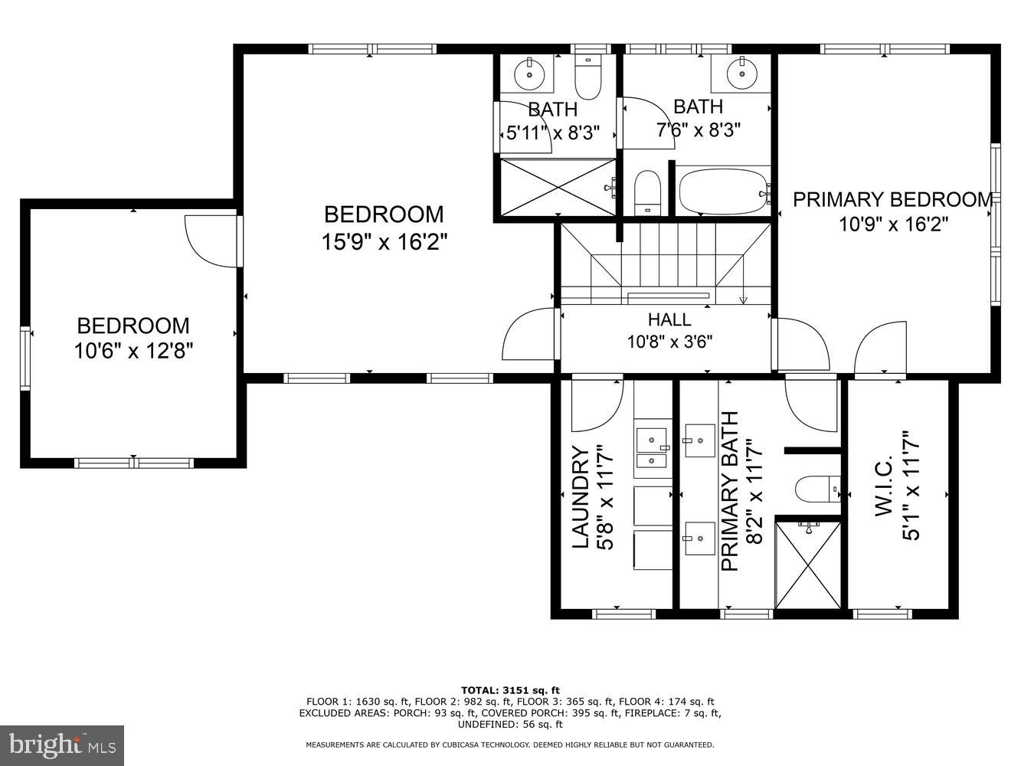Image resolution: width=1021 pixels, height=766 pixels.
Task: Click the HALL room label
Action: coord(669,319)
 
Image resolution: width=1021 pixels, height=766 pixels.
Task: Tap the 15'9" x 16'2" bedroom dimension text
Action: coord(384,242)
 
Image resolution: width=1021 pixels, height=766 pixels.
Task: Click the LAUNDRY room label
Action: coord(581,497)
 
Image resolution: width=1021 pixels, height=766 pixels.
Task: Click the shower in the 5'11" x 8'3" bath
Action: coord(558,188)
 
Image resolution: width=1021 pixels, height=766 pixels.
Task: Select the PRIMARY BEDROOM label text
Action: coord(892,200)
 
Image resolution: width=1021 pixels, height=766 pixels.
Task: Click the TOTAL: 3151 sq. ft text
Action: coord(510,690)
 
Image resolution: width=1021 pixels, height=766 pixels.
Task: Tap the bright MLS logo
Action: coord(62,745)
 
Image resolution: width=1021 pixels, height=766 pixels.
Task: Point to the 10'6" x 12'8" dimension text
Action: coord(133,351)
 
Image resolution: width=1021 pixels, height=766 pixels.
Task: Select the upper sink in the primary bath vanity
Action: coord(699,440)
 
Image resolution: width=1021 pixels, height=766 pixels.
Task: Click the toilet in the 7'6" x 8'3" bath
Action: coord(647,192)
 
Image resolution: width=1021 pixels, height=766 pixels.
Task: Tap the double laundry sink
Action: coord(652,448)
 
